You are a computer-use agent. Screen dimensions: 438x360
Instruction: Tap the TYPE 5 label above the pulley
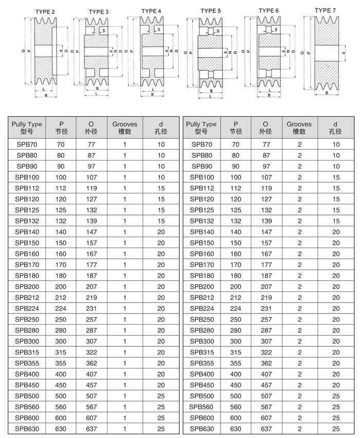click(211, 10)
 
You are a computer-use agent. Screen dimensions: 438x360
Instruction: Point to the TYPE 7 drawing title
click(325, 10)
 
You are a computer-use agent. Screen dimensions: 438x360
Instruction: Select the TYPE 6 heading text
click(268, 10)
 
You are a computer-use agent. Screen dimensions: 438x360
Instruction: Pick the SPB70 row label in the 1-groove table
click(27, 145)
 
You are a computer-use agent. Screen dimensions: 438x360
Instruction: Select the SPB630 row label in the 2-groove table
click(202, 428)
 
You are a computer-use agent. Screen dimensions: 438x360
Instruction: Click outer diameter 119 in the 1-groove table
click(91, 188)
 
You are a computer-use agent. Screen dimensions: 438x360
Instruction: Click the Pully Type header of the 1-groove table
click(27, 128)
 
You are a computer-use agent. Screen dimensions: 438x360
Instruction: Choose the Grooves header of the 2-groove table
click(299, 128)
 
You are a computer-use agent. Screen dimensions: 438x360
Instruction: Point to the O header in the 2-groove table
click(266, 128)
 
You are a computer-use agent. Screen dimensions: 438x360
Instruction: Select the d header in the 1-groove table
click(161, 128)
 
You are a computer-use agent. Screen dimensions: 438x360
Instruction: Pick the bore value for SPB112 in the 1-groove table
click(161, 188)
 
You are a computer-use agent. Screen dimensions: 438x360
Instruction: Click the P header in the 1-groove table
click(61, 128)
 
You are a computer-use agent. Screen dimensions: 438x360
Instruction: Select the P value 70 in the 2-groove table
click(236, 145)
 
